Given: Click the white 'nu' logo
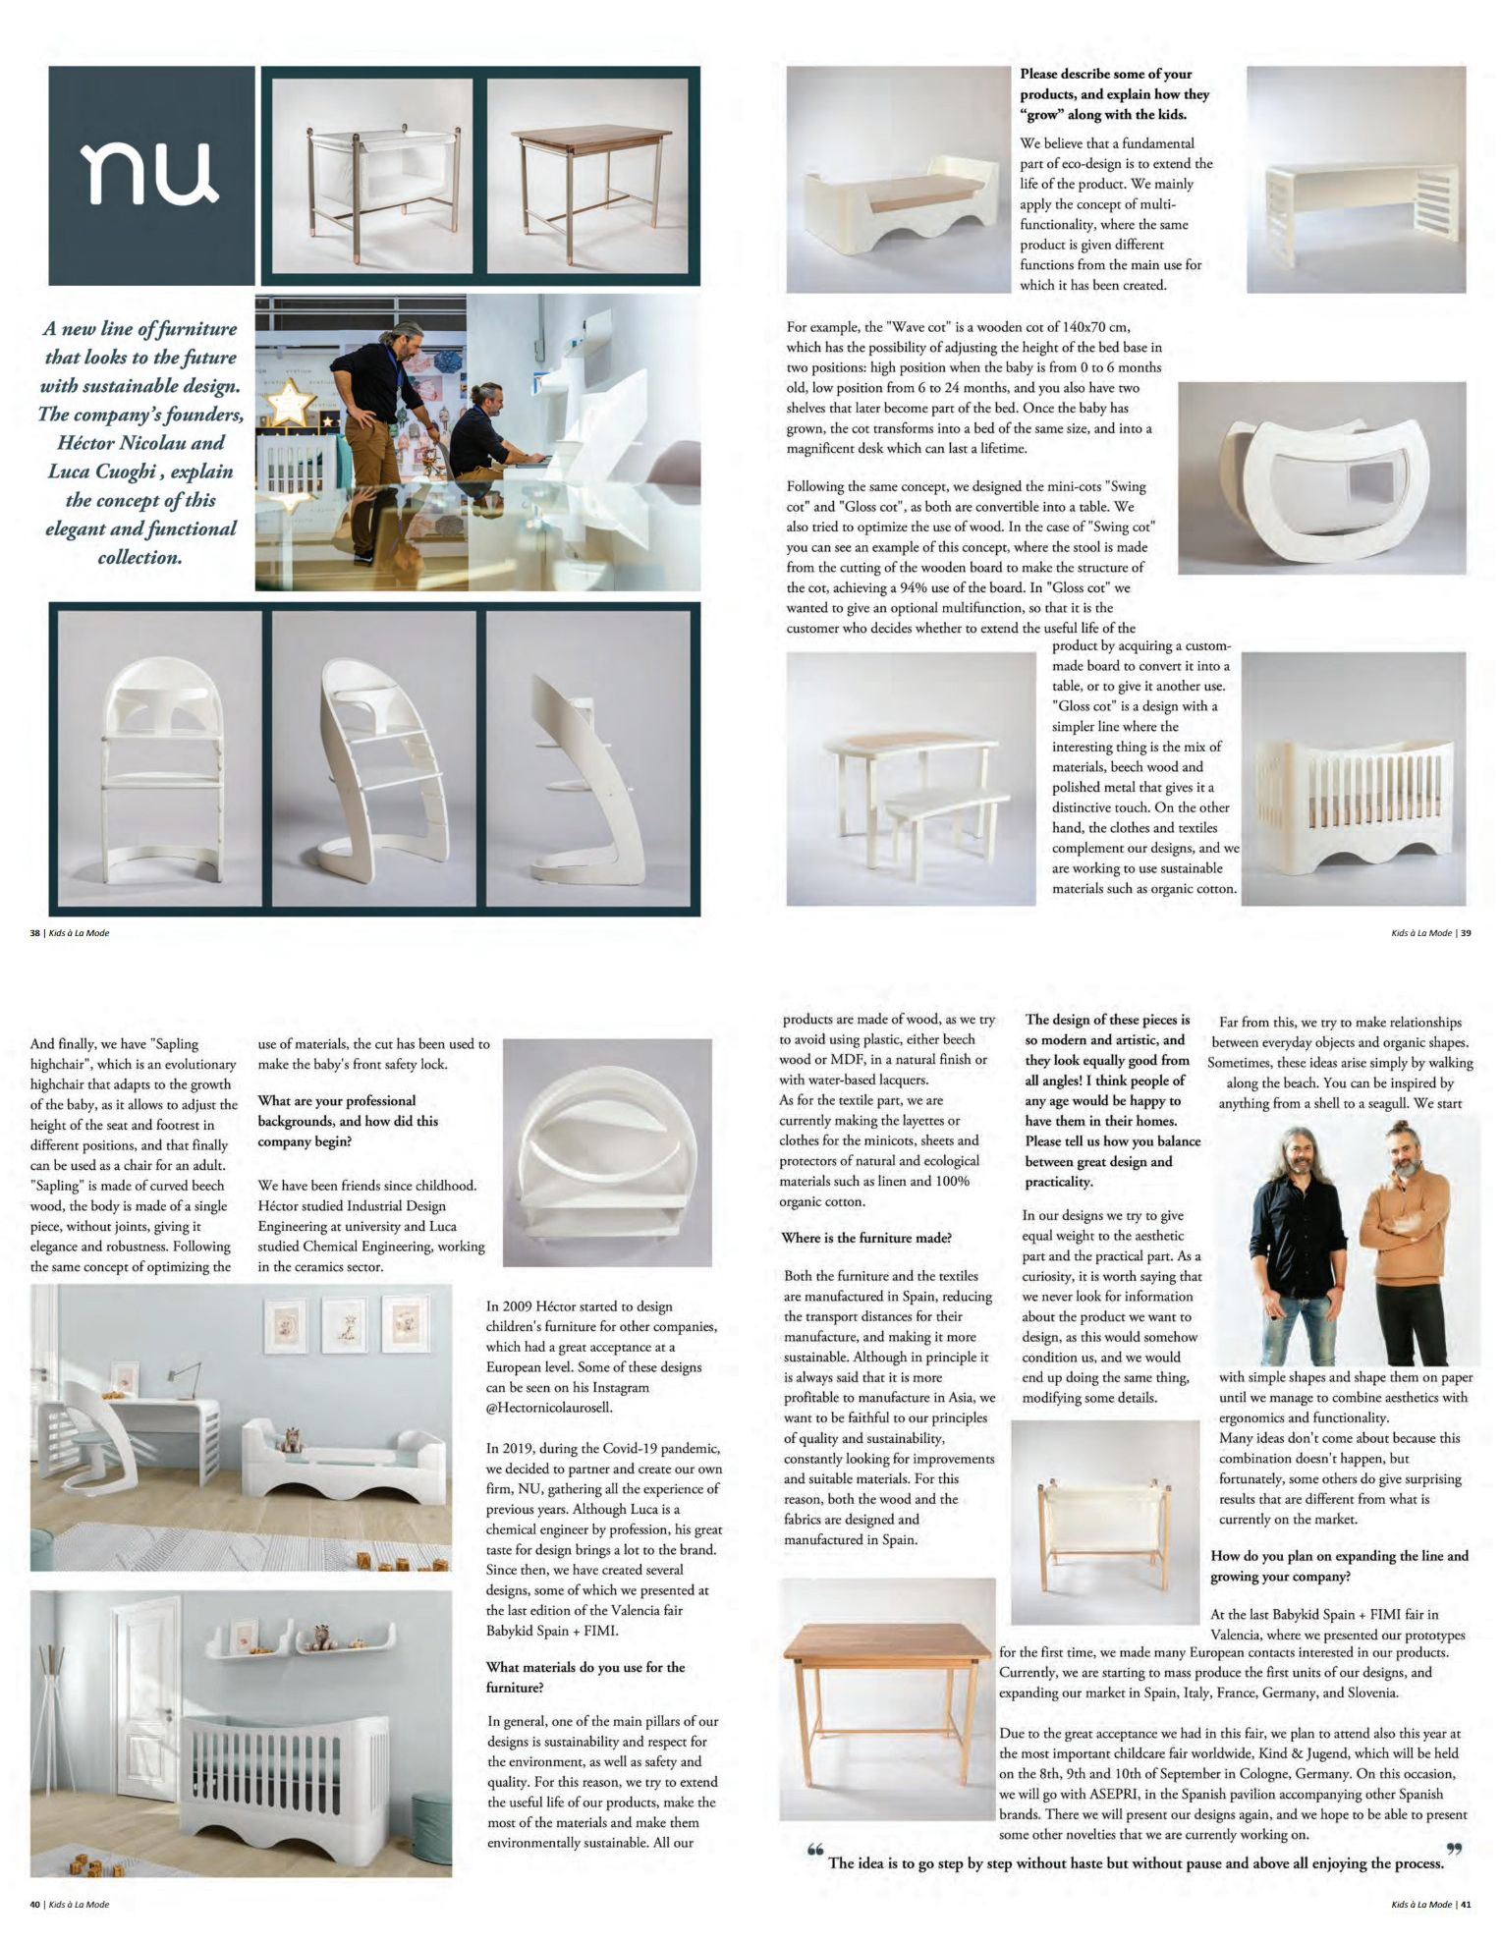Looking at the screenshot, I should pos(151,174).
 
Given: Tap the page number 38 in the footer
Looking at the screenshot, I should pos(34,933).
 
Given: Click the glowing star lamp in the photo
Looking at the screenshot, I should pos(290,401).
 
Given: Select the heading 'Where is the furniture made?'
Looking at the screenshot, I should pos(865,1238).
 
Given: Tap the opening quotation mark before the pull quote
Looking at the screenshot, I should pos(814,1851).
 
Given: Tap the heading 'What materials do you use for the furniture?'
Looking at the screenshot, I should pos(585,1677).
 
